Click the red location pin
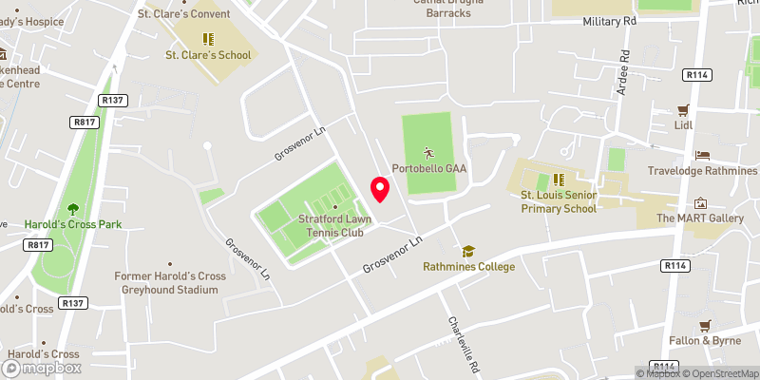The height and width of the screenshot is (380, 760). pyautogui.click(x=380, y=189)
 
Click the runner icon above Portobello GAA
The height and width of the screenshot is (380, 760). pyautogui.click(x=427, y=152)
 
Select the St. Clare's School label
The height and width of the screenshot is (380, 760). pyautogui.click(x=208, y=55)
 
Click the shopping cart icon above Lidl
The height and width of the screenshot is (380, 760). pyautogui.click(x=682, y=110)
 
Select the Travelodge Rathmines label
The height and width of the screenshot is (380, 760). pyautogui.click(x=703, y=172)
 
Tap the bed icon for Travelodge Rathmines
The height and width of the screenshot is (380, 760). pyautogui.click(x=702, y=155)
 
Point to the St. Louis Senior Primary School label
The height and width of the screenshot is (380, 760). pyautogui.click(x=559, y=201)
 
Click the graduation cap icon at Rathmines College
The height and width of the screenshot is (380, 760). pyautogui.click(x=468, y=251)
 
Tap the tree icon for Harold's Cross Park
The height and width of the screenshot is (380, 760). pyautogui.click(x=73, y=209)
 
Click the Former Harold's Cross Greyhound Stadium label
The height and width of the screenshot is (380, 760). pyautogui.click(x=170, y=283)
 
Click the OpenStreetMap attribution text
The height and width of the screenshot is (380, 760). pyautogui.click(x=716, y=372)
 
